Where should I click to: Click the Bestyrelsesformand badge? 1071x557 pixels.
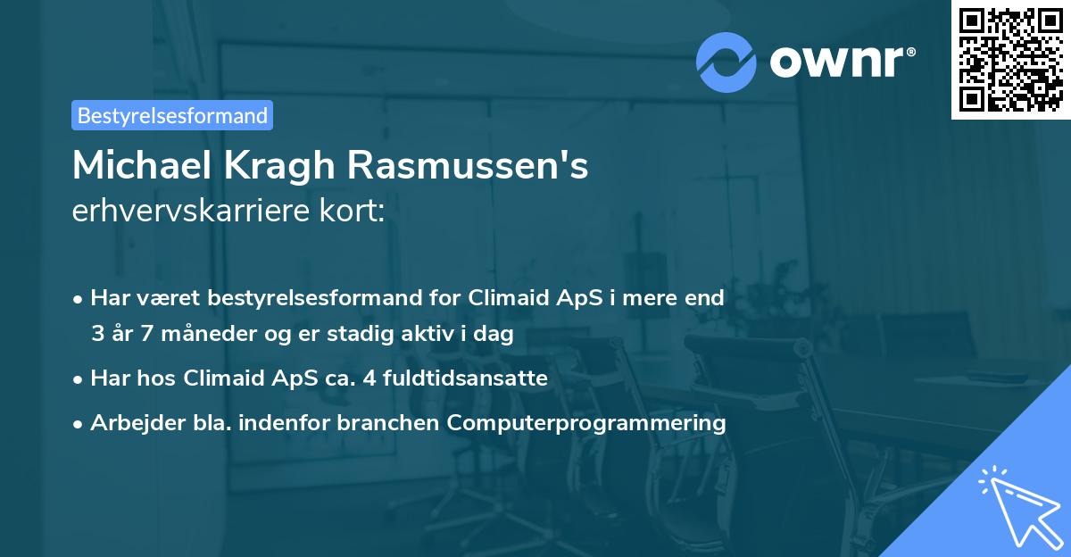click(x=172, y=115)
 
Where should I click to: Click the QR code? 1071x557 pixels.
click(x=1010, y=60)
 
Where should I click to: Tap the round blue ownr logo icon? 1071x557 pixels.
click(x=726, y=62)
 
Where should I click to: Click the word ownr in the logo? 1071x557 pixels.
click(x=836, y=62)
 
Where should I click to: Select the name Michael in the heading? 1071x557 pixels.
click(x=142, y=165)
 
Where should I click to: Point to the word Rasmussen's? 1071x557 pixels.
click(x=468, y=165)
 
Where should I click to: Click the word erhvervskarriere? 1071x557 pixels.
click(x=191, y=211)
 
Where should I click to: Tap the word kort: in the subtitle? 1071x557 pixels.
click(x=352, y=211)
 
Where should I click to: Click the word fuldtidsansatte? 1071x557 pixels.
click(x=465, y=378)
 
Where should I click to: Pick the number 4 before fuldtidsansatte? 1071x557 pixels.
click(x=369, y=378)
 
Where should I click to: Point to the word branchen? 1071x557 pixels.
click(x=387, y=422)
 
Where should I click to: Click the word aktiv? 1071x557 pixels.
click(x=428, y=333)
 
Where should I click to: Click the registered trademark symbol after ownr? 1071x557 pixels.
click(x=910, y=52)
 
